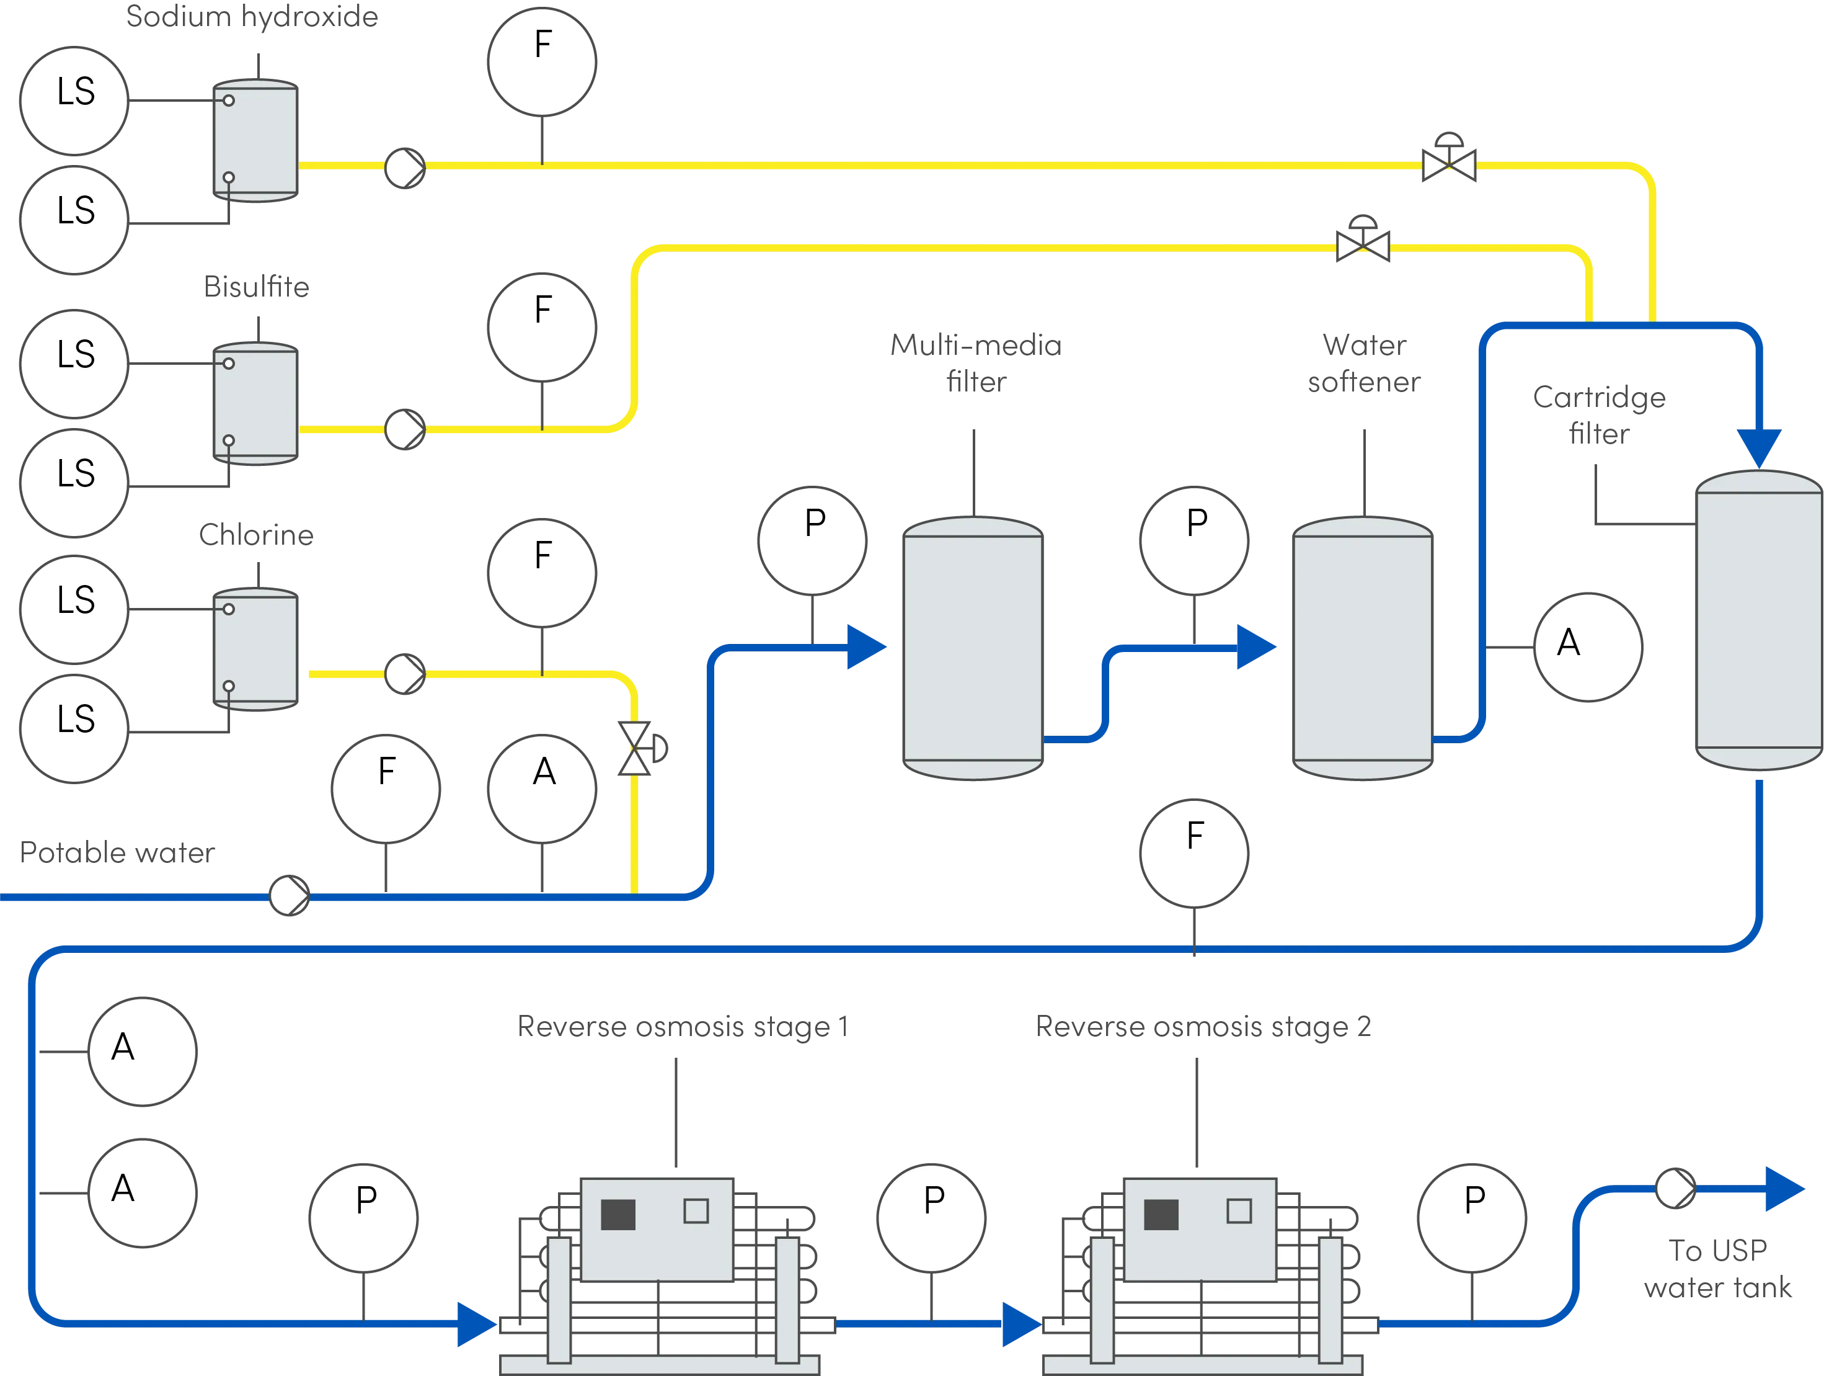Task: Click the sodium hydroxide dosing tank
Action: tap(255, 140)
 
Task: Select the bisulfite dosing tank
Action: tap(255, 404)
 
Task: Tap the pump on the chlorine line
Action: tap(404, 673)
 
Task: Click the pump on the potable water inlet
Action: tap(290, 895)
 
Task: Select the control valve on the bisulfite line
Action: tap(1362, 245)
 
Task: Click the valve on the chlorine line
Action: tap(635, 748)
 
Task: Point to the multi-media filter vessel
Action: tap(973, 648)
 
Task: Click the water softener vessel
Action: tap(1362, 648)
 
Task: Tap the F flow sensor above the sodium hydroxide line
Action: tap(542, 62)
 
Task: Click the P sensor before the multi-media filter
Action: tap(812, 540)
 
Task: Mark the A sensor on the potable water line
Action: tap(542, 789)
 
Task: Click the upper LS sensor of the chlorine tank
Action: tap(74, 609)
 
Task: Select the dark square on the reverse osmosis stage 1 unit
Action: tap(618, 1213)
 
